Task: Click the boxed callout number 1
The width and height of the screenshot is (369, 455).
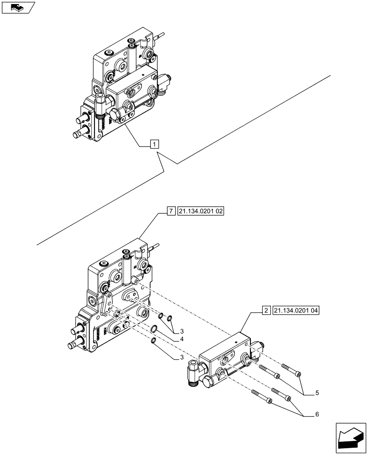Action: (155, 145)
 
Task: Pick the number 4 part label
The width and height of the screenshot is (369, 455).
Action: (182, 339)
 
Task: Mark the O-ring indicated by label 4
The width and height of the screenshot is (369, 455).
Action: (155, 329)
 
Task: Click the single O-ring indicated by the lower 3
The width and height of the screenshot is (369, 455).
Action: (155, 341)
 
